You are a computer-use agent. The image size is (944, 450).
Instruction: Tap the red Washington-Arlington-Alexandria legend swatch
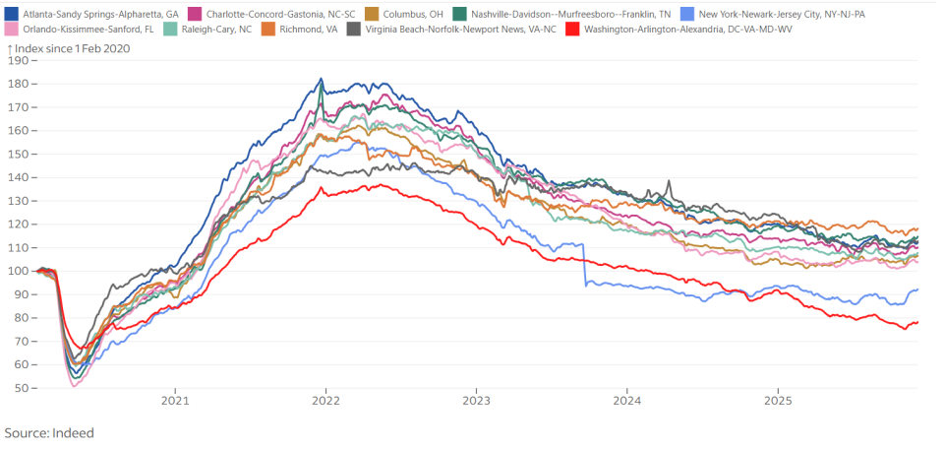click(571, 30)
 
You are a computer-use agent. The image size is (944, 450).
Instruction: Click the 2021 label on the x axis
click(175, 401)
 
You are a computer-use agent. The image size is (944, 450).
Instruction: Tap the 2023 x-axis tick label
click(477, 401)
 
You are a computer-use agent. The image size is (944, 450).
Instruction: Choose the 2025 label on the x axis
click(778, 401)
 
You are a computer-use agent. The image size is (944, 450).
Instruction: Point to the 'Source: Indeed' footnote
click(49, 432)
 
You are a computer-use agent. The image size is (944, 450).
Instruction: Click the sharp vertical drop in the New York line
click(585, 266)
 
